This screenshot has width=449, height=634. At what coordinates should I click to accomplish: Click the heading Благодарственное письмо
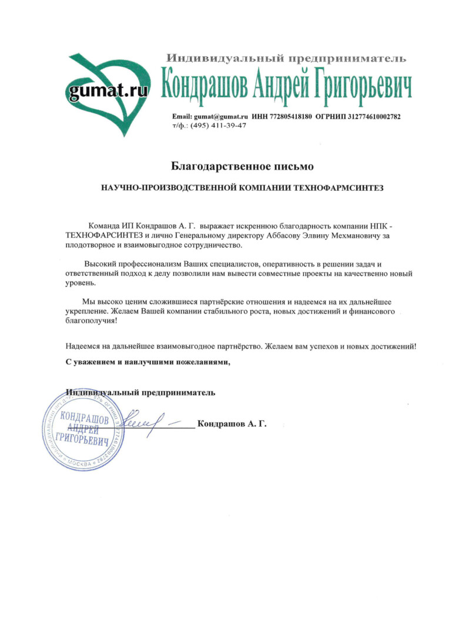click(x=242, y=167)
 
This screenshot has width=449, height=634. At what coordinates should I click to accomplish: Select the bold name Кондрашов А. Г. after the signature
click(x=232, y=424)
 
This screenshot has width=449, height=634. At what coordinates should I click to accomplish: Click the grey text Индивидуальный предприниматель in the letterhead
click(x=286, y=58)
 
